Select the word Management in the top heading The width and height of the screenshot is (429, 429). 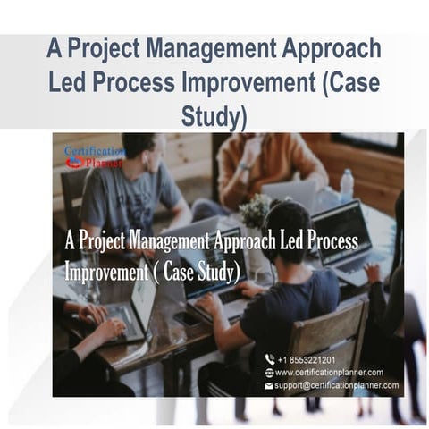[x=201, y=49]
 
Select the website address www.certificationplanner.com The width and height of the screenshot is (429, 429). [x=329, y=372]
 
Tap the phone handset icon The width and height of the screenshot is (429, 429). [x=269, y=358]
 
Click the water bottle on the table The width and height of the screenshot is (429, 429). [x=347, y=185]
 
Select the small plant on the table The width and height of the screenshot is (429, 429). [x=255, y=211]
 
